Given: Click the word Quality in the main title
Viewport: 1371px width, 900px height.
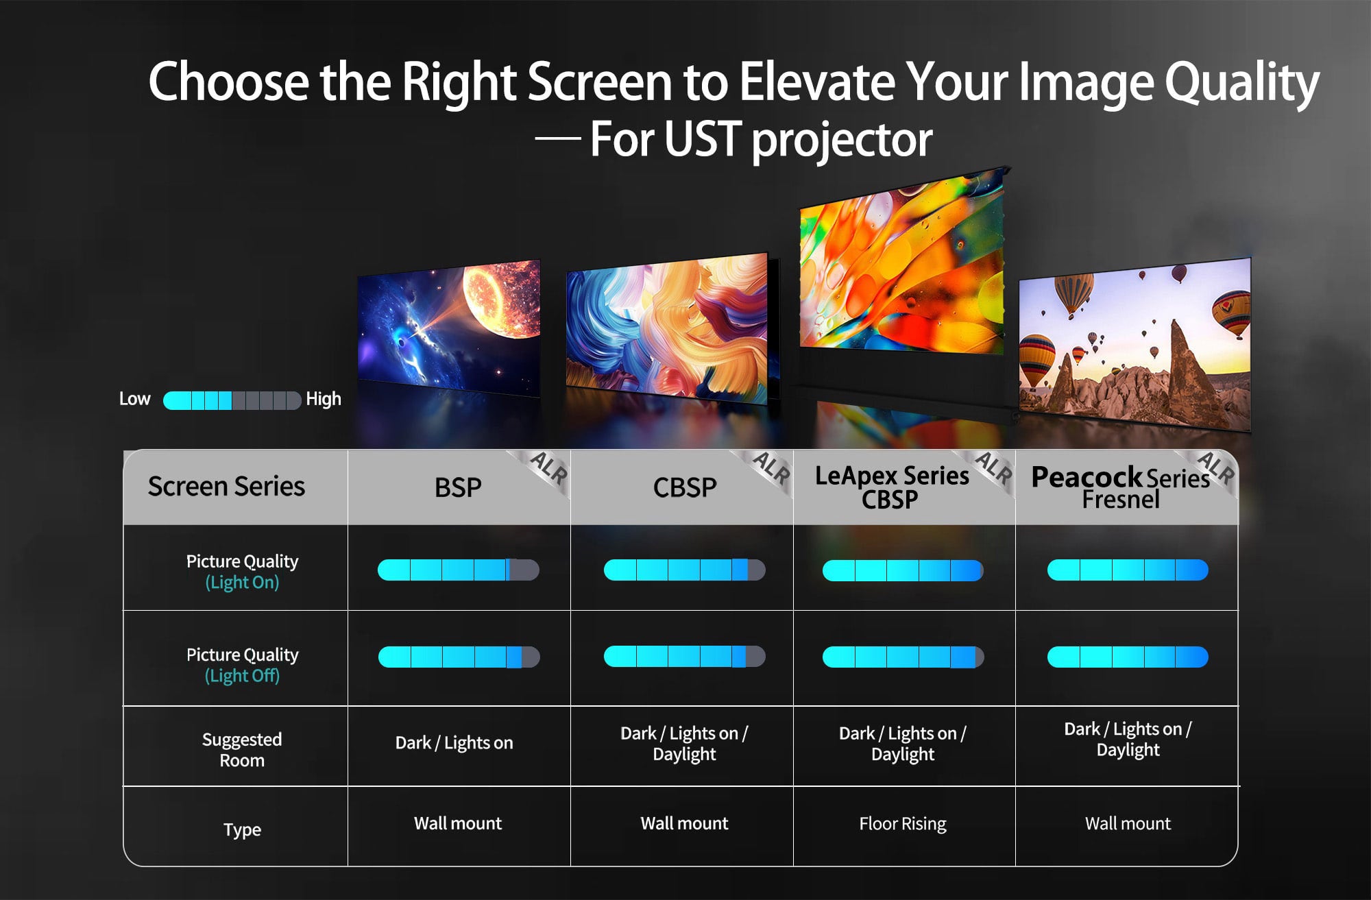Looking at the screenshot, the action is click(1241, 82).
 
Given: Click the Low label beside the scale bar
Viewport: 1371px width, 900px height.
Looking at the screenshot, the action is click(134, 399).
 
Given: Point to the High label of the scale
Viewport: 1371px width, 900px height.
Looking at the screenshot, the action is click(323, 399).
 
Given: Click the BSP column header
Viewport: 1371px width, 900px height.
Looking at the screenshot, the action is click(458, 487).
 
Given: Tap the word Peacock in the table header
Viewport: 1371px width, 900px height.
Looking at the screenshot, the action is click(1087, 477).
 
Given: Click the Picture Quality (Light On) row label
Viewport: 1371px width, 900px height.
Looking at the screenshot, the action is click(242, 572).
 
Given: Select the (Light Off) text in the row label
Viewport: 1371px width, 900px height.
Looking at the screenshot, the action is click(242, 676).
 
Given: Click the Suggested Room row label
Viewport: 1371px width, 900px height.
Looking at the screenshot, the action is click(242, 749).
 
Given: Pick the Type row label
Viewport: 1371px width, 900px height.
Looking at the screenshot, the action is click(242, 829).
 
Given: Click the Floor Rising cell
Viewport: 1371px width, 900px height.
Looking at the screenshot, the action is click(903, 823).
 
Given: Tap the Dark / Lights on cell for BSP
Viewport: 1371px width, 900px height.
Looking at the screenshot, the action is click(454, 743).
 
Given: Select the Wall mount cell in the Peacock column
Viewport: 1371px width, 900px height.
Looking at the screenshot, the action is click(1128, 823).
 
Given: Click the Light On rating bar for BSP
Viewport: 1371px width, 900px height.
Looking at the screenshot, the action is click(459, 570).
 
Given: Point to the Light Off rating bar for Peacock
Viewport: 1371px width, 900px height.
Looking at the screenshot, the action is click(1128, 657).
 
